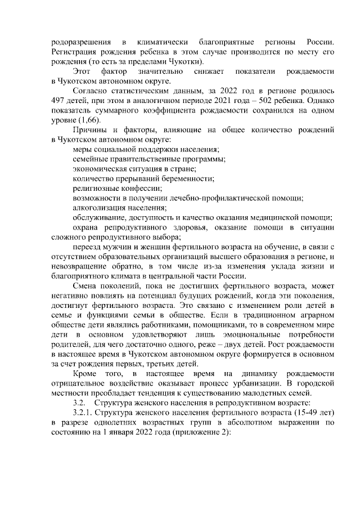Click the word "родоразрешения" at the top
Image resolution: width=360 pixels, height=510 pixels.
(x=80, y=42)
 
